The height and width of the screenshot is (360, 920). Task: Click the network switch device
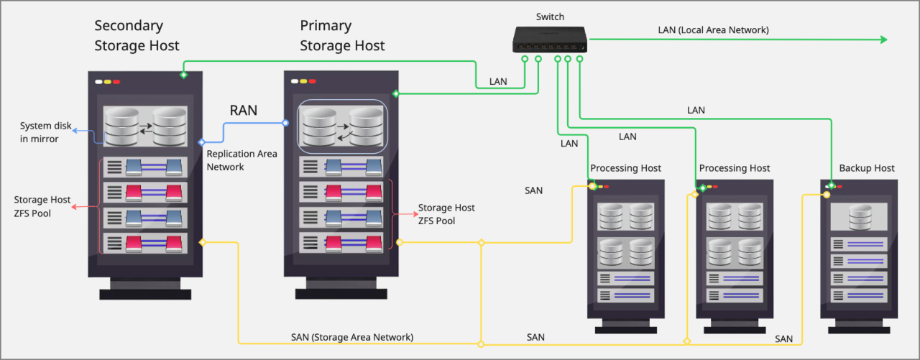pyautogui.click(x=550, y=40)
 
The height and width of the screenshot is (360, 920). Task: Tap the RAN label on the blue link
pyautogui.click(x=244, y=111)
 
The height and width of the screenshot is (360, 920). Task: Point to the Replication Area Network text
pyautogui.click(x=241, y=160)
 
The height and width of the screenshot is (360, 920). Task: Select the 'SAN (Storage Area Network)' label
pyautogui.click(x=352, y=336)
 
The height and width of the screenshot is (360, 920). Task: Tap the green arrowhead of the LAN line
pyautogui.click(x=885, y=40)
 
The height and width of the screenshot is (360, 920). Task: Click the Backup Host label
pyautogui.click(x=867, y=168)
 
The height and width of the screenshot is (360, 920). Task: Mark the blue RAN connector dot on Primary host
pyautogui.click(x=286, y=123)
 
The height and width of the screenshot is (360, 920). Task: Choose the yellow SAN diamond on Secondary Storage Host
pyautogui.click(x=203, y=242)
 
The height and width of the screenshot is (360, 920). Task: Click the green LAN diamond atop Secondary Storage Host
pyautogui.click(x=183, y=75)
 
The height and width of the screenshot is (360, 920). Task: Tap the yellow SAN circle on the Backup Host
pyautogui.click(x=827, y=194)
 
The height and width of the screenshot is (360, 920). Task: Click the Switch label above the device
pyautogui.click(x=550, y=17)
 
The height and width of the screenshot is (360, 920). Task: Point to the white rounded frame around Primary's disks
pyautogui.click(x=343, y=101)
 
